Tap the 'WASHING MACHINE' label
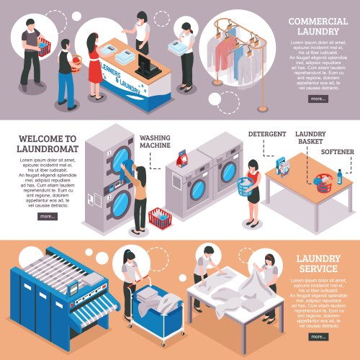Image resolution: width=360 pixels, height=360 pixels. [155, 141]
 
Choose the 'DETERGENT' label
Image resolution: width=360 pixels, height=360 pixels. [267, 135]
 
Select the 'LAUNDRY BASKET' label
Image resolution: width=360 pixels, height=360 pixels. [311, 138]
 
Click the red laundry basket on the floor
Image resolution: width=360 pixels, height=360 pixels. [160, 217]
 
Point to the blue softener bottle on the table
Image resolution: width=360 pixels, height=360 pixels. [339, 176]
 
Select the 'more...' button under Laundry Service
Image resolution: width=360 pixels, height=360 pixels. [318, 336]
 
